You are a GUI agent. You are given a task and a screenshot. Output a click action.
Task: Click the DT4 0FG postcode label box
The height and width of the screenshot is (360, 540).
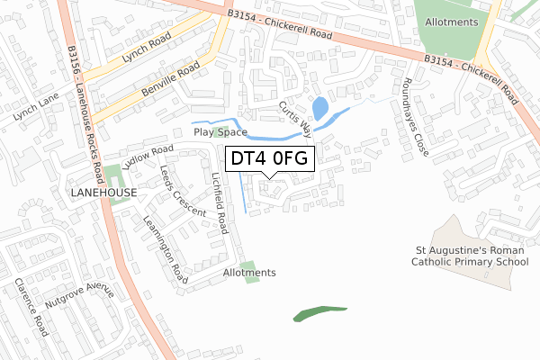pos(270,159)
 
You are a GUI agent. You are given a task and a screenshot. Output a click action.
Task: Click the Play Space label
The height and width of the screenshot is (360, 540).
pos(220,131)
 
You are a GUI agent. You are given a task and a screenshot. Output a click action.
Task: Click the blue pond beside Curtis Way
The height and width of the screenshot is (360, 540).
pos(318,109)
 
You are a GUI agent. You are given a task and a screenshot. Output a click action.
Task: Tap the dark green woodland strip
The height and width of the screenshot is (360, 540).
pos(320,312)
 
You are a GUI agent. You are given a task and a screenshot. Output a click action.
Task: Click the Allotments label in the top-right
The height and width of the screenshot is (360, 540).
pos(450,22)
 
